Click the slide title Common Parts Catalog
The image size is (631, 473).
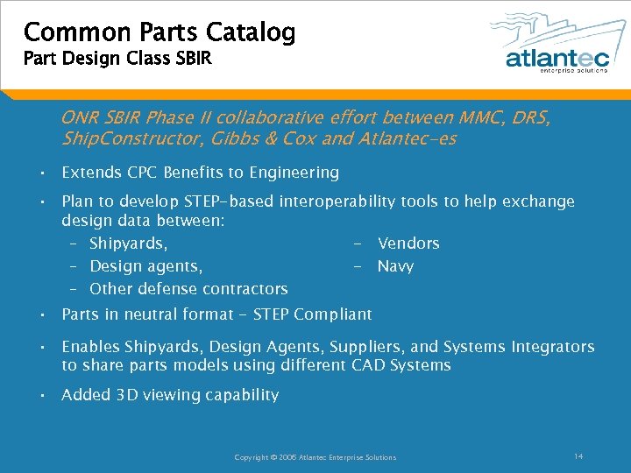pos(159,32)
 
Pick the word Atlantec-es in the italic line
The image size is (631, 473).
pos(411,139)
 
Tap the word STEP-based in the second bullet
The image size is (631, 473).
pos(232,201)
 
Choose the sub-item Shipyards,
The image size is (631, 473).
pos(129,244)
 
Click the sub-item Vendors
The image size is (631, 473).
pos(408,244)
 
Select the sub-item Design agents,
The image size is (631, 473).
pos(146,266)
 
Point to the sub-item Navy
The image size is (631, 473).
pos(395,266)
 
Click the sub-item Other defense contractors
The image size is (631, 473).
pos(188,289)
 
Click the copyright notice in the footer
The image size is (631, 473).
pos(315,457)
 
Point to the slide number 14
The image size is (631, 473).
pos(578,456)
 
